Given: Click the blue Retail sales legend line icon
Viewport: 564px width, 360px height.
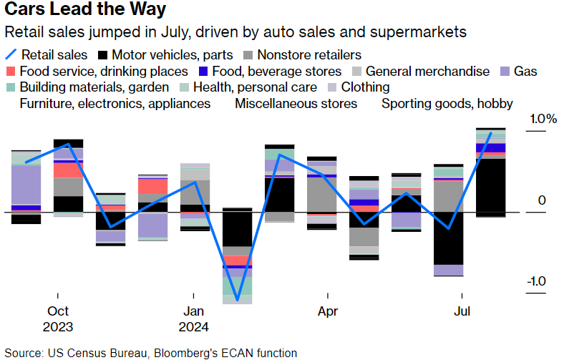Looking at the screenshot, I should [x=11, y=54].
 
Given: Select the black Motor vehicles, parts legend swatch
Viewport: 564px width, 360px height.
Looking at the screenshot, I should [x=102, y=54].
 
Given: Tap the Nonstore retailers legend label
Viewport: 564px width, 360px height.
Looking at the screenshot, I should [x=308, y=54].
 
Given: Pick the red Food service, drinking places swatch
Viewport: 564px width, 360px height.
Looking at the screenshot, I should [x=11, y=72].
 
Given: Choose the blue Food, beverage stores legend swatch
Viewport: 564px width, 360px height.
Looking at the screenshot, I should [x=202, y=72].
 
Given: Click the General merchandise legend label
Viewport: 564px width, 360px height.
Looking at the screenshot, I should [x=427, y=72].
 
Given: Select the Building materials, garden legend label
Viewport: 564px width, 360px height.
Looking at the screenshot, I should [x=94, y=87].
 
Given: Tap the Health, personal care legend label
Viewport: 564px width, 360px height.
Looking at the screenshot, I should [x=256, y=87].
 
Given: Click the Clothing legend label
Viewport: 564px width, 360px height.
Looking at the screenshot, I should [x=365, y=87].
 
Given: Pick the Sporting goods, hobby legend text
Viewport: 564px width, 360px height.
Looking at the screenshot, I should [x=447, y=104].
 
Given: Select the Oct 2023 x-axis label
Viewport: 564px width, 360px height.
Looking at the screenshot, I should [x=58, y=319].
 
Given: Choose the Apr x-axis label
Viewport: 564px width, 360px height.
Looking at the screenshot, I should [x=328, y=311].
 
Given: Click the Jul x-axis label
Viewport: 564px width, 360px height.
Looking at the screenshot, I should [x=462, y=311].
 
